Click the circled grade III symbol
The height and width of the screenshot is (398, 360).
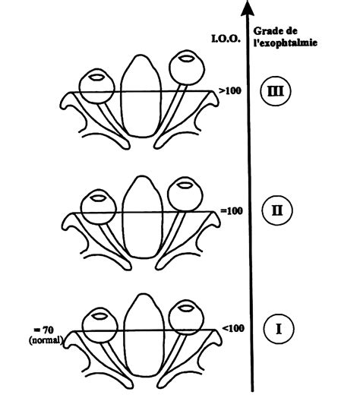click(x=276, y=91)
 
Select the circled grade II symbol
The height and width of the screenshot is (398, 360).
click(x=277, y=210)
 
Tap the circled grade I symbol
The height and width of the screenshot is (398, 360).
click(x=279, y=329)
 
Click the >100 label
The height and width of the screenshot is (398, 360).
click(x=230, y=91)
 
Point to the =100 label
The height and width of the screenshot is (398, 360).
click(x=232, y=210)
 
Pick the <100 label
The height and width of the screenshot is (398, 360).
click(x=233, y=328)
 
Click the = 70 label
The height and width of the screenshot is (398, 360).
click(x=43, y=330)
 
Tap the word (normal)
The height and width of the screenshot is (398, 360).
click(x=46, y=340)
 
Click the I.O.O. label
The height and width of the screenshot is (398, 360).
click(x=226, y=39)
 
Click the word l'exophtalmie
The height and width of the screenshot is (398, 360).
click(x=286, y=42)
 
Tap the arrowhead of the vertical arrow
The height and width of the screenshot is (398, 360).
click(x=248, y=8)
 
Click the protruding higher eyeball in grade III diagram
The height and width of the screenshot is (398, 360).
click(x=187, y=68)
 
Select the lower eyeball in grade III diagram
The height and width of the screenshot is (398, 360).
click(x=96, y=87)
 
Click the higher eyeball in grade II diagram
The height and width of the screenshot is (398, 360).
click(x=185, y=194)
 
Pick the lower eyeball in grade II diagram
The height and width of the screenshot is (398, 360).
click(x=99, y=207)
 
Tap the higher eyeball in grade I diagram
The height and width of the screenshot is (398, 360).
click(x=186, y=317)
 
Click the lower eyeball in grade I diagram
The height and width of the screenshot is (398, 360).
click(x=100, y=325)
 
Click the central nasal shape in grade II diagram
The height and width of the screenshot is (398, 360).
click(x=142, y=217)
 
